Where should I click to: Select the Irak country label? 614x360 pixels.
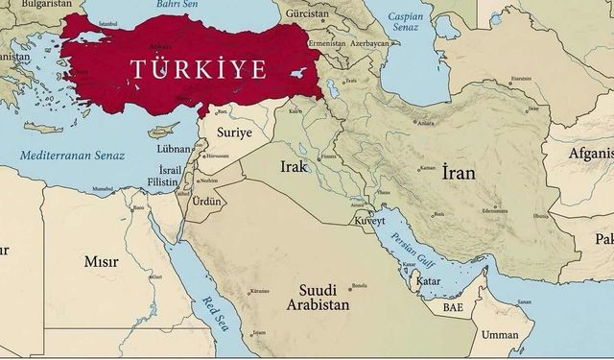click(x=294, y=166)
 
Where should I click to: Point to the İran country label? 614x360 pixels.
click(x=460, y=176)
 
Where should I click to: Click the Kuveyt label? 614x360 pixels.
click(x=368, y=220)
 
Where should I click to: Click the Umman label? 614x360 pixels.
click(x=499, y=335)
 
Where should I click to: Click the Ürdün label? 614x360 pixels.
click(x=206, y=202)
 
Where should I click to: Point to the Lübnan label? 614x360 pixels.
click(x=173, y=149)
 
